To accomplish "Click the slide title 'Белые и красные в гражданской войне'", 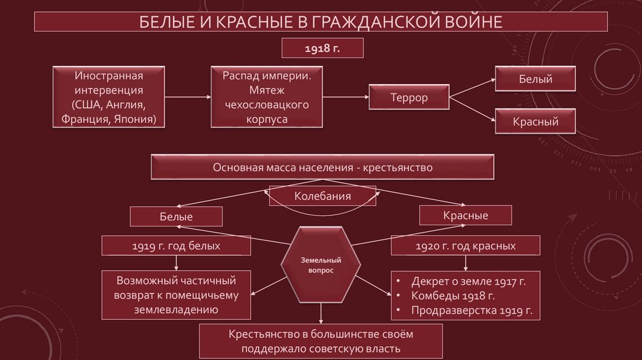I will coord(320,23).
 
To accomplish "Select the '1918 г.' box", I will coord(322,48).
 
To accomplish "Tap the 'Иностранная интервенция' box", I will coord(108,97).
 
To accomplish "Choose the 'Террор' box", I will coord(409,98).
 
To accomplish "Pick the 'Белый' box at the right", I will coord(535,80).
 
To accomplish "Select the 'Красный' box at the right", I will coord(535,122).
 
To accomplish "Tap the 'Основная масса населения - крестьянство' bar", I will coord(322,167).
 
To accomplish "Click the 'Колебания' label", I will coord(322,196).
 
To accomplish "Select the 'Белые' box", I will coord(176,216).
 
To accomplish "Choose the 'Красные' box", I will coord(465,216).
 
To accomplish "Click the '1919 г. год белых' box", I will coord(176,246).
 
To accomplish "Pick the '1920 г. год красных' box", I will coord(465,246).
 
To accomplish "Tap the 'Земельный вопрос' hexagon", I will coord(320,264).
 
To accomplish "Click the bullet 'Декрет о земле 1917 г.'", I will coord(468,281).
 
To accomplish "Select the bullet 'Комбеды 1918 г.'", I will coord(453,295).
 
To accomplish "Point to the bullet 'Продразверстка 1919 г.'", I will coord(471,310).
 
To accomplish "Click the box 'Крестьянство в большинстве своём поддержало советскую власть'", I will coord(322,341).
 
